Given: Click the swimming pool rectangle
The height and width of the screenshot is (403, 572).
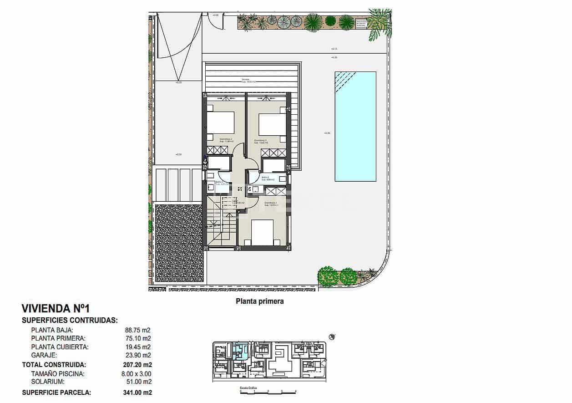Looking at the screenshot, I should [355, 126].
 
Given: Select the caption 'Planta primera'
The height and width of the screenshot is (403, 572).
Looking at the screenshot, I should [259, 301].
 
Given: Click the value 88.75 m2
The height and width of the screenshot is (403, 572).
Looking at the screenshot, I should [137, 330].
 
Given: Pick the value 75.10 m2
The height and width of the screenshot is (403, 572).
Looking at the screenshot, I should [137, 338].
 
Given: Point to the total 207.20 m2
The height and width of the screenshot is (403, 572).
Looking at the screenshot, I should [137, 365].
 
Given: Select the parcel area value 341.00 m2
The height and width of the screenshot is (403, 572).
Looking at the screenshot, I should [137, 392].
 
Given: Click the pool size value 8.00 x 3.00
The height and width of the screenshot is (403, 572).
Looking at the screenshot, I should [137, 374].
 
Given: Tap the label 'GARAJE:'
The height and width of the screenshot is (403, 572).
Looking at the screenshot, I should [44, 355].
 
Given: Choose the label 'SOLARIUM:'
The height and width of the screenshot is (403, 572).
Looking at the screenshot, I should [48, 382].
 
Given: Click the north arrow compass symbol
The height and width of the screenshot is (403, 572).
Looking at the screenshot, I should [332, 337].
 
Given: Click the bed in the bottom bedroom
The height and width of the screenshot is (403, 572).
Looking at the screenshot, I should [262, 233].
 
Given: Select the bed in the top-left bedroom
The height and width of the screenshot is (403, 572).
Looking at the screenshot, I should [221, 122].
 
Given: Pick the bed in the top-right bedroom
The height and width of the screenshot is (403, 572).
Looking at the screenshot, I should [272, 122].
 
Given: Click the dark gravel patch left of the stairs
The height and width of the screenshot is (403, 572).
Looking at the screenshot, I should [178, 244].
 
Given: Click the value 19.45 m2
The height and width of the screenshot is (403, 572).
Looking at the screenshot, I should [137, 347].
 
